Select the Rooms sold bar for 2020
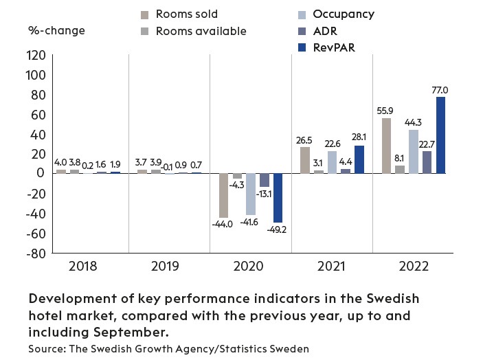(x=224, y=195)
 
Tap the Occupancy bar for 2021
(x=333, y=162)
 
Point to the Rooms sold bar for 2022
(x=387, y=146)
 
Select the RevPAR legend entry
(x=333, y=47)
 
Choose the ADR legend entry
(x=324, y=31)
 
